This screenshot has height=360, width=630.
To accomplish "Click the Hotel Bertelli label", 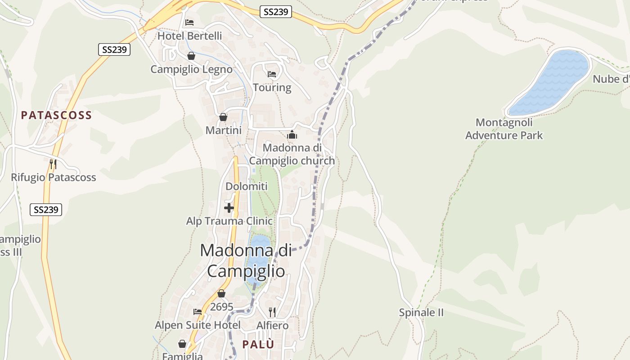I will coord(189,36).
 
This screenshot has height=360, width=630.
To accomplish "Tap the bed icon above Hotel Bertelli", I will coord(189,22).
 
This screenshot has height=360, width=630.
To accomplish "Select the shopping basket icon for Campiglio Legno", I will coord(191,56).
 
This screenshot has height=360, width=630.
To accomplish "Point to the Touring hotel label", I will coord(272,87).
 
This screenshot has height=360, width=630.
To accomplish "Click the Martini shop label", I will coord(223,130).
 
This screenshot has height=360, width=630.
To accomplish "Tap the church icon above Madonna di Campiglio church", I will coord(292,135).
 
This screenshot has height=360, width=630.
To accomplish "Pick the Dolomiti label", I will coord(246,186).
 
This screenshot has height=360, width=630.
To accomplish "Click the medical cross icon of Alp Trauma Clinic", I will coord(229,208).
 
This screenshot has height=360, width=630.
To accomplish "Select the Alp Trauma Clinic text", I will coord(229,221).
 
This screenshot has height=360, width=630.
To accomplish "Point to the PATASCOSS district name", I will coord(56,115).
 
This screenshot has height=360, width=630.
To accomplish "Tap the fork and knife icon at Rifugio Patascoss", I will coord(53,164).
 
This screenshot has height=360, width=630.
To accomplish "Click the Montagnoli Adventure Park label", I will coord(504,129).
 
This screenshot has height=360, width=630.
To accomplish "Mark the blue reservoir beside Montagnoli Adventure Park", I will coord(549,82).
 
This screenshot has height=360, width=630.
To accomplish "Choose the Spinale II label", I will coord(421,312).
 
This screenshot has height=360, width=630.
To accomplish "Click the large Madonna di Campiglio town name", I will coord(246,261).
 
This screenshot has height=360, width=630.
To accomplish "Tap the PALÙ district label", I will coord(258,344).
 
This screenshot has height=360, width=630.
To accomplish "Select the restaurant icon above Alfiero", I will coord(272,311).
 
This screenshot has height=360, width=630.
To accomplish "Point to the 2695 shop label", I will coord(222,307).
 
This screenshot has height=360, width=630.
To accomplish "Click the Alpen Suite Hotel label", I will coord(198,325).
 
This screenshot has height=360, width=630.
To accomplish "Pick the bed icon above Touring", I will coord(272,74).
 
